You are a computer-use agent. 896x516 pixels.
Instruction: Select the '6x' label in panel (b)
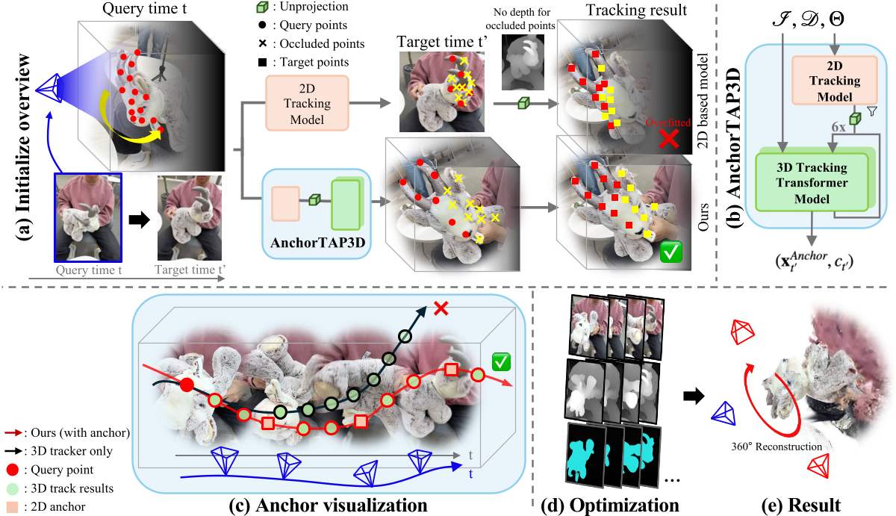coord(838,128)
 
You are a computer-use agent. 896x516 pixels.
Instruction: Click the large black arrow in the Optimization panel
coord(694,397)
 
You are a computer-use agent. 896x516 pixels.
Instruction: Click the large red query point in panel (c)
coord(187,385)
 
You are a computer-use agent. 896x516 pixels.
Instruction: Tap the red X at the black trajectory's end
coord(441,308)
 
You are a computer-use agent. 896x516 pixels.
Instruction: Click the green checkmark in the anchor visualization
coord(500,363)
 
